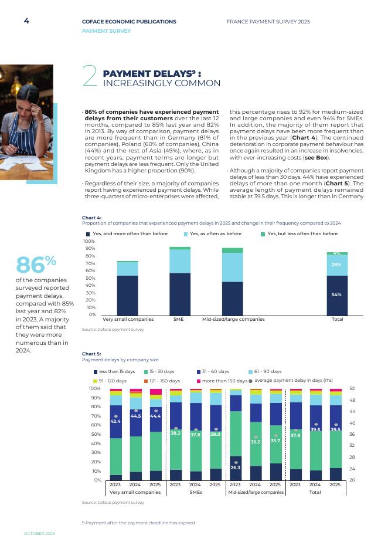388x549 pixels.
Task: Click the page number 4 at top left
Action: point(26,21)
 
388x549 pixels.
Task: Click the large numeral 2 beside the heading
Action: point(90,77)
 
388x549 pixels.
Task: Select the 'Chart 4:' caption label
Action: point(91,218)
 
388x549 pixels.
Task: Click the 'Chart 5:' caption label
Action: point(91,354)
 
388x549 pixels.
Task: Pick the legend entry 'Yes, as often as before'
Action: point(215,233)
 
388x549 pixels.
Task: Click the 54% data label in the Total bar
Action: point(336,294)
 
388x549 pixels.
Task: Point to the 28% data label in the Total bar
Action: point(336,265)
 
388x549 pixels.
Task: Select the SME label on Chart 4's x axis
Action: point(179,319)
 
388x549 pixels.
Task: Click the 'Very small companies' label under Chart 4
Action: point(128,319)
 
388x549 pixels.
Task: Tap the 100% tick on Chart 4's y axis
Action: point(89,241)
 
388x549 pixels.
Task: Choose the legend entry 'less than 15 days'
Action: point(117,372)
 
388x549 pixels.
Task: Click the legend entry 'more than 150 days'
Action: point(224,381)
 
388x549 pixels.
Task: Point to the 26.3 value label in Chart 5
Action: point(235,467)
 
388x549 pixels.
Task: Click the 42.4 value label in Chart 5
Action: point(115,421)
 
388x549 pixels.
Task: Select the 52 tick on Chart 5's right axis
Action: point(352,388)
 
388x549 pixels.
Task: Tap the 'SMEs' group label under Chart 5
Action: point(195,493)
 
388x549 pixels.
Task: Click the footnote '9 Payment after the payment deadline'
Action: point(138,523)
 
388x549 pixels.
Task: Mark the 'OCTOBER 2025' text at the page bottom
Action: point(39,533)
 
